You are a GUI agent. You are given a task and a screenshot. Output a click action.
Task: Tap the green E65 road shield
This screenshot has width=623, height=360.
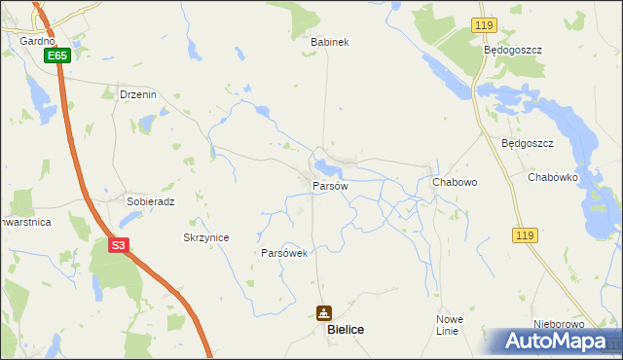[57, 56]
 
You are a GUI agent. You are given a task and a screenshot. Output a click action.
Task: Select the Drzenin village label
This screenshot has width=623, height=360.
[137, 95]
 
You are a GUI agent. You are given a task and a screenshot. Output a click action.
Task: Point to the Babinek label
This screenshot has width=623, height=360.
[329, 42]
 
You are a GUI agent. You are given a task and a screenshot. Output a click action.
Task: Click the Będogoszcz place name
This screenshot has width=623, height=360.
[512, 49]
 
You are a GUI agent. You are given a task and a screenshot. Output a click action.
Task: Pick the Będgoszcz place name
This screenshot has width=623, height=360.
[527, 143]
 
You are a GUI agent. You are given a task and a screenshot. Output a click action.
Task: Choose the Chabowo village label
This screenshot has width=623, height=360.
[453, 182]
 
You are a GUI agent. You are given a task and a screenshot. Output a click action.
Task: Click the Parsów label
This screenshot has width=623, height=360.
[330, 186]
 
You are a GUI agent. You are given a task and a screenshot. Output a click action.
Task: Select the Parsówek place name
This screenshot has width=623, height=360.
[284, 253]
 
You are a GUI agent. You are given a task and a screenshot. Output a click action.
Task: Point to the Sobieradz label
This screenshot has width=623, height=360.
[150, 201]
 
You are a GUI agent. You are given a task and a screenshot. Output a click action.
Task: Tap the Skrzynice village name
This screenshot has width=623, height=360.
[206, 237]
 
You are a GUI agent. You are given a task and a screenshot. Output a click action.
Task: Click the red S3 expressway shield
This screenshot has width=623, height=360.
[118, 245]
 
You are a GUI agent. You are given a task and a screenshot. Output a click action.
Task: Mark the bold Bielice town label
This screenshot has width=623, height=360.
[347, 331]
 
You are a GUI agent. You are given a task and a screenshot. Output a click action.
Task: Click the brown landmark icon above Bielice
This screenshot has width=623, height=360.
[323, 313]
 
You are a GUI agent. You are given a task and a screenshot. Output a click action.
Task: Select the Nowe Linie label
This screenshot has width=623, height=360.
[449, 325]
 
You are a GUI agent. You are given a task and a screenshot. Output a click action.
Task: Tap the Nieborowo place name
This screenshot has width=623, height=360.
[558, 324]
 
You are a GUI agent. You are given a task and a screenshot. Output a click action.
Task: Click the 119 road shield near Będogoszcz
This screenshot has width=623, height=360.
[483, 23]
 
